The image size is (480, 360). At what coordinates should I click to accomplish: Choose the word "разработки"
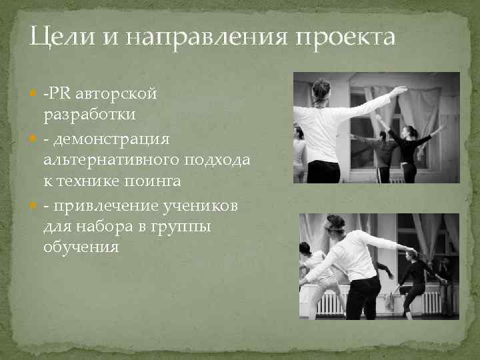click(x=90, y=114)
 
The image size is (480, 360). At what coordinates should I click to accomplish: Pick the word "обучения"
click(x=81, y=247)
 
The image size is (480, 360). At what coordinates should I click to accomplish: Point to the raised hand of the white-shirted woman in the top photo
click(x=398, y=91)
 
